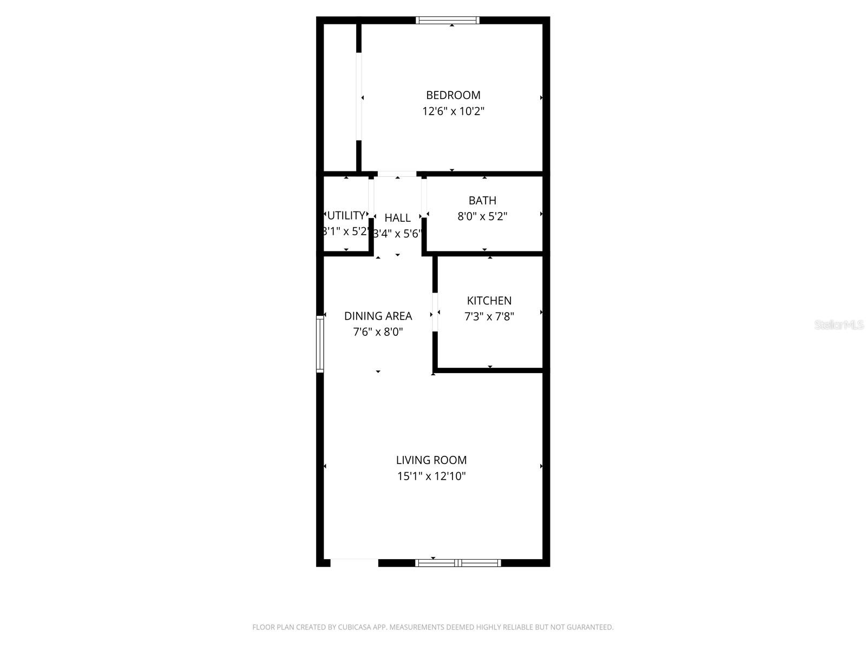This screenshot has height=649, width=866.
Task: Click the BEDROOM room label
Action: (x=453, y=95)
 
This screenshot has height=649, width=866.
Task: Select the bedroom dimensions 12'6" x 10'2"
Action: (x=453, y=111)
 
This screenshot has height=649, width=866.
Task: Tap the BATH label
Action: (x=482, y=201)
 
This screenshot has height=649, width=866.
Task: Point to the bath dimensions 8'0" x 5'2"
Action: (x=482, y=216)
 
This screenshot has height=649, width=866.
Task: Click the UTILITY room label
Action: (x=346, y=215)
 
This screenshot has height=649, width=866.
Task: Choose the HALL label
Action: (x=397, y=218)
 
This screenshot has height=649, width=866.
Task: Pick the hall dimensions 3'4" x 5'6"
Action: (x=397, y=234)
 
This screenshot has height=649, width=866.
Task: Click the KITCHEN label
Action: (x=489, y=301)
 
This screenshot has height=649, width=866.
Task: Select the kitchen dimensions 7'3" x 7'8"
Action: (x=489, y=316)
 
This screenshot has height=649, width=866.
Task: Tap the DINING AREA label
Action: (x=378, y=316)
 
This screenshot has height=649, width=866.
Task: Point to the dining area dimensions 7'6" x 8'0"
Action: (x=378, y=332)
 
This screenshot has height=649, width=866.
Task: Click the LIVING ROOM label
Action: (x=431, y=460)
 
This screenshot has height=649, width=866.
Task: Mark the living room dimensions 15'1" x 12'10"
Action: (x=431, y=476)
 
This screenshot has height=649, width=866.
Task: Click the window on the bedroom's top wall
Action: (x=447, y=21)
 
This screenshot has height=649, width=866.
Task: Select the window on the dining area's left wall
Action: (x=320, y=345)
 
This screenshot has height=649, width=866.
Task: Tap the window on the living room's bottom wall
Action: (x=458, y=563)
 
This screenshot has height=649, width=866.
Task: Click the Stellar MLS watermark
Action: (x=838, y=325)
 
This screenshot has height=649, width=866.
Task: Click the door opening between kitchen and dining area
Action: (x=435, y=312)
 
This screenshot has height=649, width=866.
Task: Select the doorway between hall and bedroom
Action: (x=397, y=174)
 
